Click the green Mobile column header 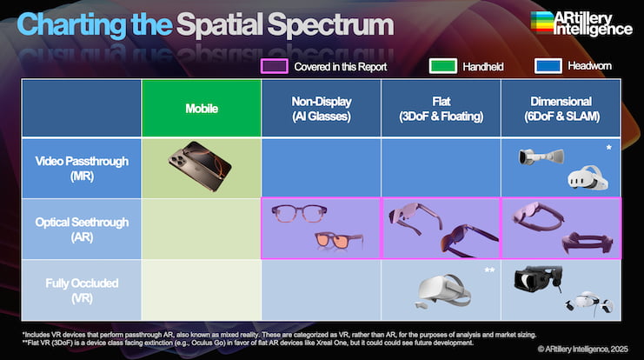click(x=202, y=108)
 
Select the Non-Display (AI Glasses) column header click(x=322, y=108)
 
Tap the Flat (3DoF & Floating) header click(x=442, y=108)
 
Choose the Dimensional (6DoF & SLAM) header click(x=561, y=108)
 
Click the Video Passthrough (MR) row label click(x=82, y=169)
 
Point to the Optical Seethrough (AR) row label click(x=82, y=230)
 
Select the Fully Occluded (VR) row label click(x=82, y=290)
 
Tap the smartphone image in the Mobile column click(x=200, y=166)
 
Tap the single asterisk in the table click(x=608, y=148)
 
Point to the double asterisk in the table click(x=489, y=270)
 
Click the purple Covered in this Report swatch click(x=275, y=66)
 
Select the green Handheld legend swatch click(x=442, y=66)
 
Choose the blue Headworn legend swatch click(x=548, y=66)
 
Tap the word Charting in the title click(x=71, y=24)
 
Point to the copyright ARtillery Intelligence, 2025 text click(x=583, y=349)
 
